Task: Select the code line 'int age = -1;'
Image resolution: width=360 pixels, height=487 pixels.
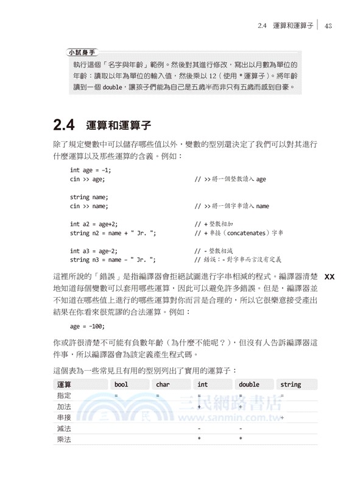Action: coord(90,170)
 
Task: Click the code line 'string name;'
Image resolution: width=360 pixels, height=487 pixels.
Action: coord(89,197)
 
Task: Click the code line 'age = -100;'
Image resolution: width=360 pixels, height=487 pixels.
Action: coord(88,326)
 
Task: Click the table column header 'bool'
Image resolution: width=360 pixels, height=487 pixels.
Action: coord(122,384)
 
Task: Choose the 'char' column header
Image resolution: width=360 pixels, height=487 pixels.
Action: coord(163,384)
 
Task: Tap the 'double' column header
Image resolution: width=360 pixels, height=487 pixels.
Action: coord(249,384)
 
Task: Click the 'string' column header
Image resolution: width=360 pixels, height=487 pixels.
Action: coord(291,384)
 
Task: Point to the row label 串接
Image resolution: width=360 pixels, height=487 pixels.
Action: coord(64,418)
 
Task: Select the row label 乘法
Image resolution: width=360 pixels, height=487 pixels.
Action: coord(64,439)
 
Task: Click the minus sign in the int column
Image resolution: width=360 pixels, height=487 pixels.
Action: coord(199,429)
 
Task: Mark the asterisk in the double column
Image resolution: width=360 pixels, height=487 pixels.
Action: coord(241,439)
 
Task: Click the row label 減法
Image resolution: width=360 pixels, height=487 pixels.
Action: coord(64,429)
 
